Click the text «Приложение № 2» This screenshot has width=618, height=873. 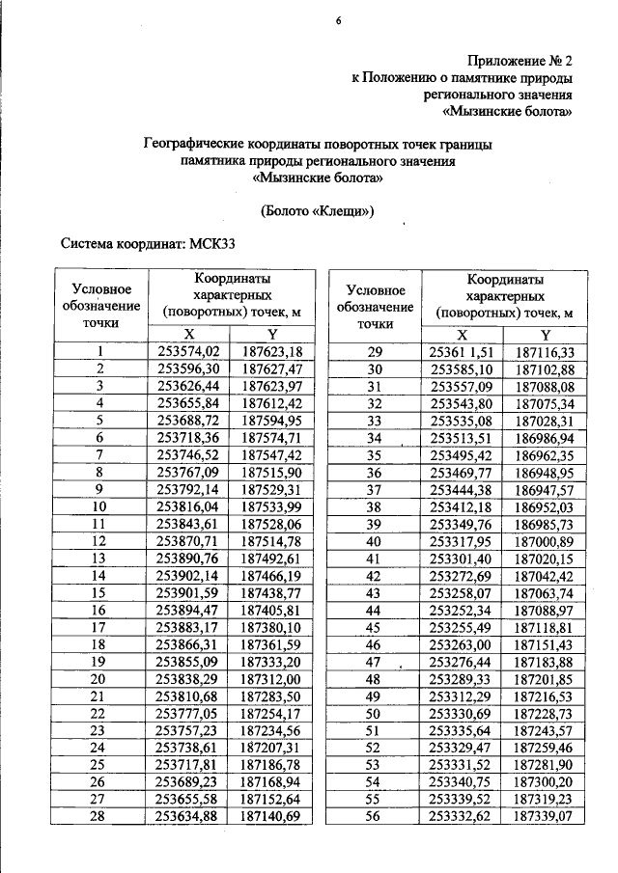point(520,59)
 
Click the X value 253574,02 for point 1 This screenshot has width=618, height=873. point(189,351)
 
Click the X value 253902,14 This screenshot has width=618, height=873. point(189,574)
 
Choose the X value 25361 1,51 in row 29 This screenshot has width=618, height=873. point(462,351)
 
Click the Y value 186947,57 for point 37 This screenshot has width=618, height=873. point(545,488)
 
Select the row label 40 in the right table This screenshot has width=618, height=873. point(377,540)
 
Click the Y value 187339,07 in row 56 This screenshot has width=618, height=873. point(545,815)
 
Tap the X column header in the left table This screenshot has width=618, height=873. point(189,333)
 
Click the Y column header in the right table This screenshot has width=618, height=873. point(545,333)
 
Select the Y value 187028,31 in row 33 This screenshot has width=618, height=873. point(545,420)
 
